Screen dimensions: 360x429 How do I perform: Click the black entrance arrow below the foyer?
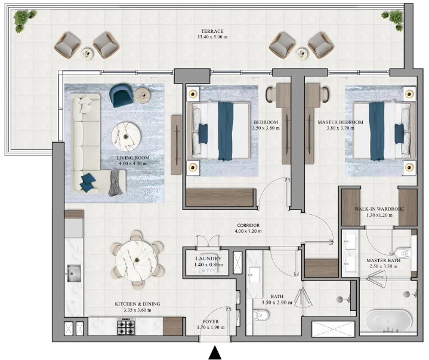215,353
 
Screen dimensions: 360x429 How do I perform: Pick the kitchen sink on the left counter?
75,273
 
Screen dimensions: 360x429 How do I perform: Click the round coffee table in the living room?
126,134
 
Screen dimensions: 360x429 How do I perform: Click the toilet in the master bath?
405,253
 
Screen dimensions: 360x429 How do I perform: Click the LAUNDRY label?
208,258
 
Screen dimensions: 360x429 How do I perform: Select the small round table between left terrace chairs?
87,53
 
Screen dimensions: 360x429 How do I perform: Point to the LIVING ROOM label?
132,158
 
